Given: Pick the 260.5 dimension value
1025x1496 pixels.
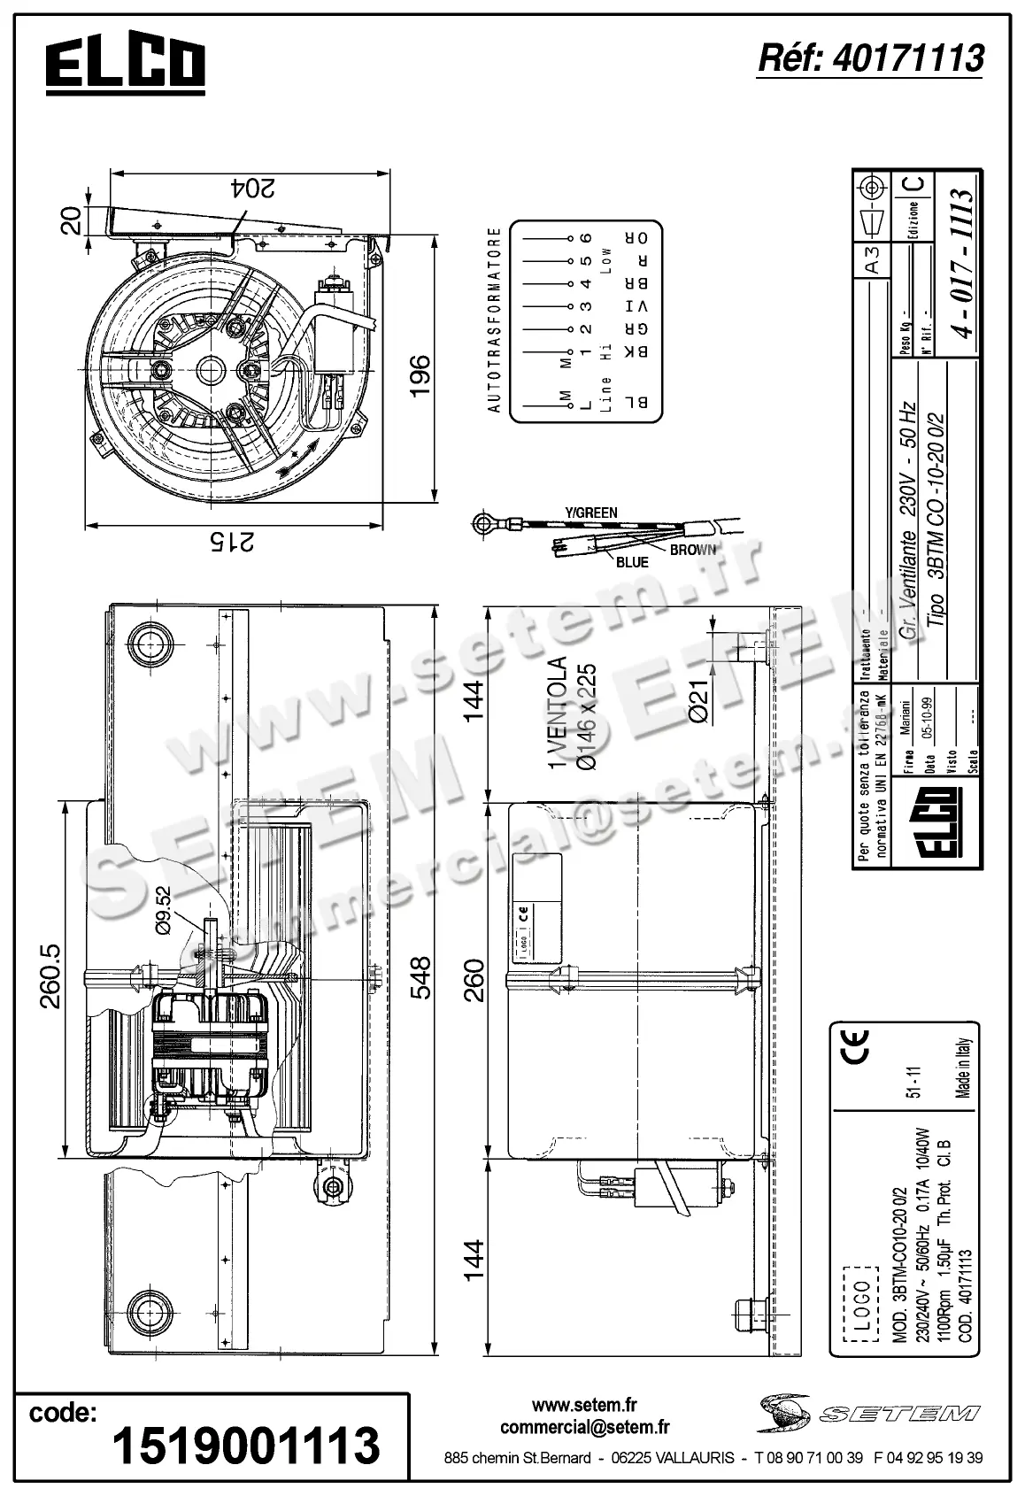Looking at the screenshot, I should click(50, 977).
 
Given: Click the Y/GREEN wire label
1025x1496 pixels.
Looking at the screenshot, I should click(591, 513).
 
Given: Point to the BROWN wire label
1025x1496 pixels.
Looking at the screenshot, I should click(692, 550).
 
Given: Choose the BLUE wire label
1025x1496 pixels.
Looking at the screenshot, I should click(632, 562).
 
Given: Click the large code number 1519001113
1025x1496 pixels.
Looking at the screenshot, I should click(246, 1444).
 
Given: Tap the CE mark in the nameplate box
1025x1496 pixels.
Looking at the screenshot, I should click(858, 1046).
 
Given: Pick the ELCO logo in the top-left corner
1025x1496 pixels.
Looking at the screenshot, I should click(126, 65).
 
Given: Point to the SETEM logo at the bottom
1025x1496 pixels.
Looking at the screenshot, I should click(868, 1413).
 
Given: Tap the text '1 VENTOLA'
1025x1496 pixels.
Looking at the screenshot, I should click(556, 713).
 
